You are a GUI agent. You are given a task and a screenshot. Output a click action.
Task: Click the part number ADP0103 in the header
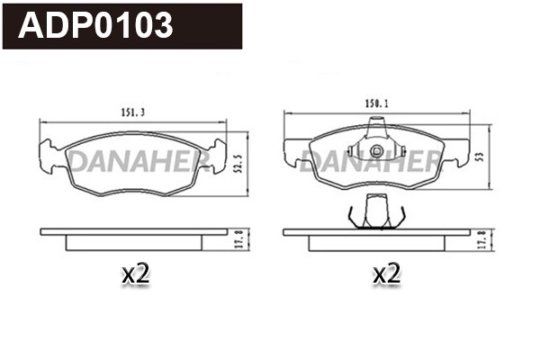click(x=96, y=25)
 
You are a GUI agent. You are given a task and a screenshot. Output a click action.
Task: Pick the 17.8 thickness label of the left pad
click(x=238, y=238)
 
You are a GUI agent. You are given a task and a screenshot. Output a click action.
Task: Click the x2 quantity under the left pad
click(x=135, y=274)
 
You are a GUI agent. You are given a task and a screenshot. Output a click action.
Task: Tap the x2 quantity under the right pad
click(x=385, y=274)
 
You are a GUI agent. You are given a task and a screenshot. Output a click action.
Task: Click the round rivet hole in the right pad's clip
click(x=376, y=150)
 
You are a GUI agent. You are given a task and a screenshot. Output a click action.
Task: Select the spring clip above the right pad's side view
click(x=376, y=213)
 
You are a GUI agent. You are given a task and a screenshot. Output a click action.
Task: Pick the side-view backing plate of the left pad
click(x=135, y=231)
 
